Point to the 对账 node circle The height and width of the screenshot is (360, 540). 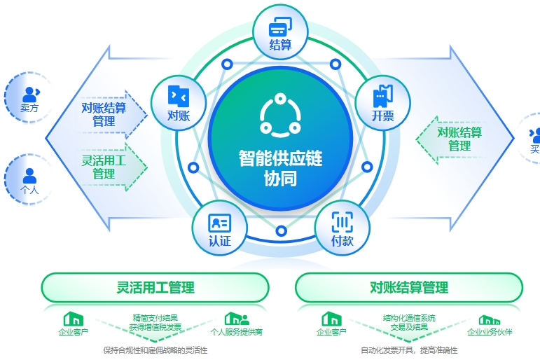179,104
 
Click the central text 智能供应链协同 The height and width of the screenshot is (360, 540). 280,168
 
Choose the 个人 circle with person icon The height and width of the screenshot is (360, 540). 29,179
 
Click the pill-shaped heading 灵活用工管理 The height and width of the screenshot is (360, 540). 155,287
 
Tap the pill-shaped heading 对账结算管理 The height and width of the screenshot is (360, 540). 409,287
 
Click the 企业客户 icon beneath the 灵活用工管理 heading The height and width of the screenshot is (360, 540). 73,319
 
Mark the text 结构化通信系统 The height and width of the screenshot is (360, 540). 409,318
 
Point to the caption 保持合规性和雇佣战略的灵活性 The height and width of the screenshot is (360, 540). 155,350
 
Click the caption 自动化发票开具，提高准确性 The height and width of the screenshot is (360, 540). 408,350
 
